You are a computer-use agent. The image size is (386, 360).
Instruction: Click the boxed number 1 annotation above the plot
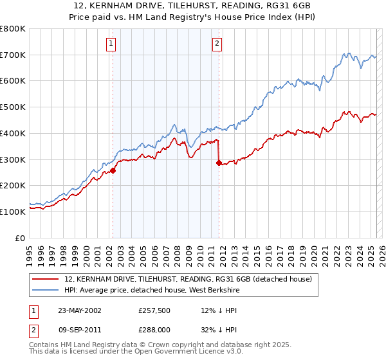111,44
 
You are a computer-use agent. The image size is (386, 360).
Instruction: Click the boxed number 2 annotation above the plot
217,44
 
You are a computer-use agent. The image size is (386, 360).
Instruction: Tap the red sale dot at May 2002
113,170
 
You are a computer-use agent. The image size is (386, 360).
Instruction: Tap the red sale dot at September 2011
219,163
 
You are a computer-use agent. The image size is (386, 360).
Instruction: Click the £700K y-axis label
14,55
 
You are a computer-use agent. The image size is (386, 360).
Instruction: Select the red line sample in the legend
46,279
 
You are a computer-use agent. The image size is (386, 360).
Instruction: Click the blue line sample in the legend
46,289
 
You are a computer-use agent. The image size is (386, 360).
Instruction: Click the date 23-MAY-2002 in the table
80,310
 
